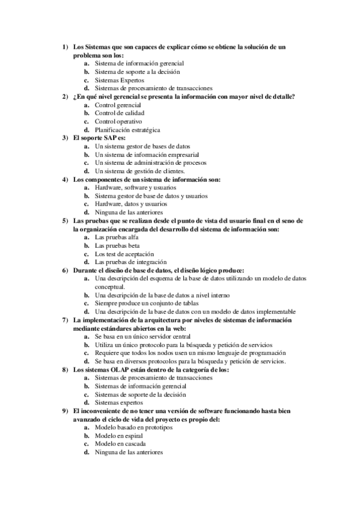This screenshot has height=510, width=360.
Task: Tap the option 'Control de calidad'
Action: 120,113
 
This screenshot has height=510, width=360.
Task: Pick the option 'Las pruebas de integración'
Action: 130,262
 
